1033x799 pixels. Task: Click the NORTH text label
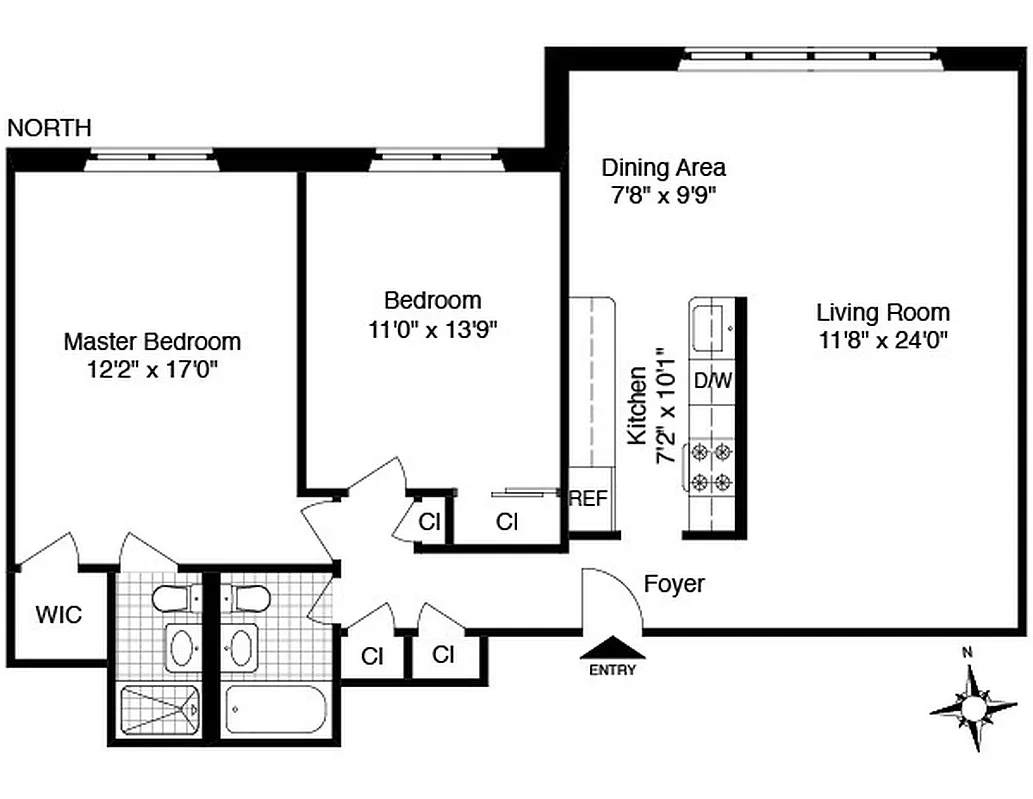(49, 128)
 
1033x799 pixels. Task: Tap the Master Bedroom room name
(152, 341)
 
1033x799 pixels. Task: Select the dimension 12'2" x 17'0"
(152, 369)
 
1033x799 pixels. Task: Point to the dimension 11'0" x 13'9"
(432, 329)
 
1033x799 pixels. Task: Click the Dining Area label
(663, 168)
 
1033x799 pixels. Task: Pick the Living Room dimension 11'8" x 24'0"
(883, 339)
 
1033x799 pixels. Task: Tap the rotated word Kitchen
(637, 404)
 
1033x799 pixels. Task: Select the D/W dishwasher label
(713, 381)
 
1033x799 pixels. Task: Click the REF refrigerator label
(588, 499)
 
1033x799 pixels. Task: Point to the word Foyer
(674, 584)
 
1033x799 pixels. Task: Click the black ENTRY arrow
(613, 649)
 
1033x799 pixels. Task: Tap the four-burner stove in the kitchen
(710, 468)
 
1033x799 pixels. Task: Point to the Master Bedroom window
(150, 158)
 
